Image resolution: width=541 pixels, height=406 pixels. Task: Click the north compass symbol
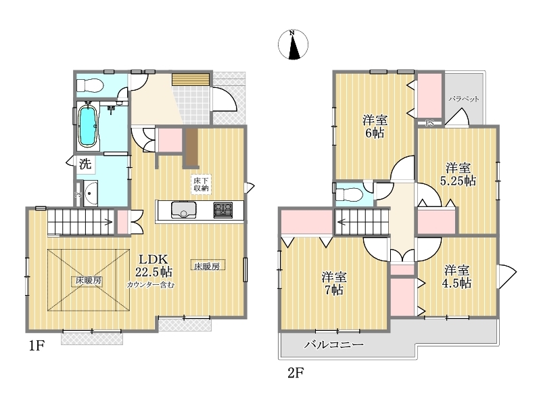[x=293, y=45]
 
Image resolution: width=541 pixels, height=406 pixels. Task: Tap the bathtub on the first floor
[x=87, y=126]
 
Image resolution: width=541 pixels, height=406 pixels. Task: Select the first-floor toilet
[x=89, y=85]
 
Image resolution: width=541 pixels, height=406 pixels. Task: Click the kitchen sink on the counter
[x=183, y=210]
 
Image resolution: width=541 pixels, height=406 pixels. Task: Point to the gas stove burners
[x=223, y=210]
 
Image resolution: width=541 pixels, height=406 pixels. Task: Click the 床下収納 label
[x=200, y=184]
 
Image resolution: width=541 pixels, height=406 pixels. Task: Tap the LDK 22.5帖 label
[x=154, y=265]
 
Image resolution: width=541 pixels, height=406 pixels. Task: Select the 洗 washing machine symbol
[x=85, y=164]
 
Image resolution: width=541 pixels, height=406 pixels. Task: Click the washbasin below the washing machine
[x=91, y=194]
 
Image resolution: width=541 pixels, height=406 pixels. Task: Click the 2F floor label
[x=296, y=373]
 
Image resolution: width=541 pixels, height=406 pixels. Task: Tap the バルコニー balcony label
[x=333, y=344]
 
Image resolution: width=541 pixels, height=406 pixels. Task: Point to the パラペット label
[x=464, y=99]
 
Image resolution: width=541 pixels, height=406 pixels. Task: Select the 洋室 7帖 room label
[x=334, y=284]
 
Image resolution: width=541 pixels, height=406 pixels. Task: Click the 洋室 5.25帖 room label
[x=458, y=175]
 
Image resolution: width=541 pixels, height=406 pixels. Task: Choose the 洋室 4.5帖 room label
[x=456, y=276]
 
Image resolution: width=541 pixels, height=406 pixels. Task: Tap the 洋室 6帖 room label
[x=375, y=127]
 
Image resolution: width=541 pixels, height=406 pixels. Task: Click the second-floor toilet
[x=349, y=194]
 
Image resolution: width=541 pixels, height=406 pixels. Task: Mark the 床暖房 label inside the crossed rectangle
[x=89, y=281]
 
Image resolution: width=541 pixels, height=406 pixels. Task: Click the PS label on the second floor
[x=429, y=123]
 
